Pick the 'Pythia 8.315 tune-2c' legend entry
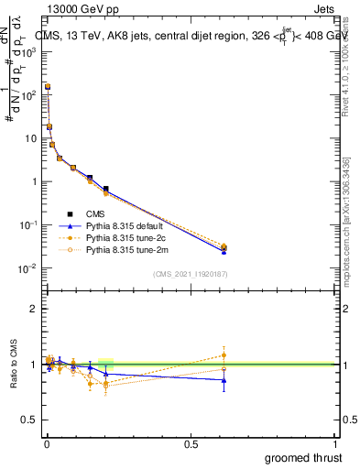[128, 236]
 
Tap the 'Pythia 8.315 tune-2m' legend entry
[128, 248]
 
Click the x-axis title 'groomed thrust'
[302, 457]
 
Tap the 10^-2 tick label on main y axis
[27, 268]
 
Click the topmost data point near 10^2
[48, 87]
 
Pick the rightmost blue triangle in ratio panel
[224, 380]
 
